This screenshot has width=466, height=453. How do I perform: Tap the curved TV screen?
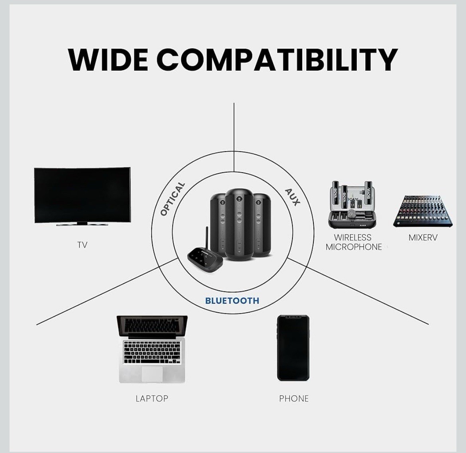82,195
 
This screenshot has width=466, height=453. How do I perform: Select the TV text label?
82,245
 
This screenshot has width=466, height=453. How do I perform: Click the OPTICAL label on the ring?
172,199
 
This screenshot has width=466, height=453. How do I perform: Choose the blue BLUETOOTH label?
232,301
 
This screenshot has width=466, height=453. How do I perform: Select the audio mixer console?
423,211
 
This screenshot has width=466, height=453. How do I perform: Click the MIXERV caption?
423,238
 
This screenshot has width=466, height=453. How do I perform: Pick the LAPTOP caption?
152,398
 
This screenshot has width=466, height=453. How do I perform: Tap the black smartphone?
294,348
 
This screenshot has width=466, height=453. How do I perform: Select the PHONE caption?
294,398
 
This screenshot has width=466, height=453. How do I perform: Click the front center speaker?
239,223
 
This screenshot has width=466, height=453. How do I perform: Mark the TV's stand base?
82,225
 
